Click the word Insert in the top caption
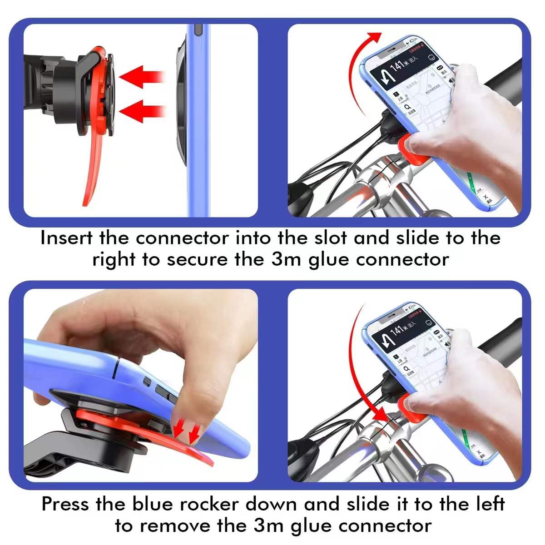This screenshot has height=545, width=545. point(66,238)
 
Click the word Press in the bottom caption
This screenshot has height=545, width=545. point(66,504)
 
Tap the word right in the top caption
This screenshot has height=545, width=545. point(114,260)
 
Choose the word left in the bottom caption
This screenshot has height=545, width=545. point(489,504)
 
